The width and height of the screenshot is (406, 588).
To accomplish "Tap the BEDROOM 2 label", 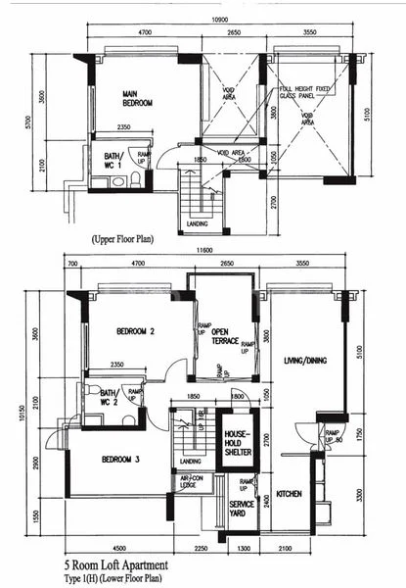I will tap(137, 331).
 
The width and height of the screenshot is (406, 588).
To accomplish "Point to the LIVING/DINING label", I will tap(305, 361).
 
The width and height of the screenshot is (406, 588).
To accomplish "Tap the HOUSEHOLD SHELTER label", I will tap(238, 442).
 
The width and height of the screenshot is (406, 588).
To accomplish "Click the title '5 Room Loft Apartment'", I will tap(116, 565).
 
